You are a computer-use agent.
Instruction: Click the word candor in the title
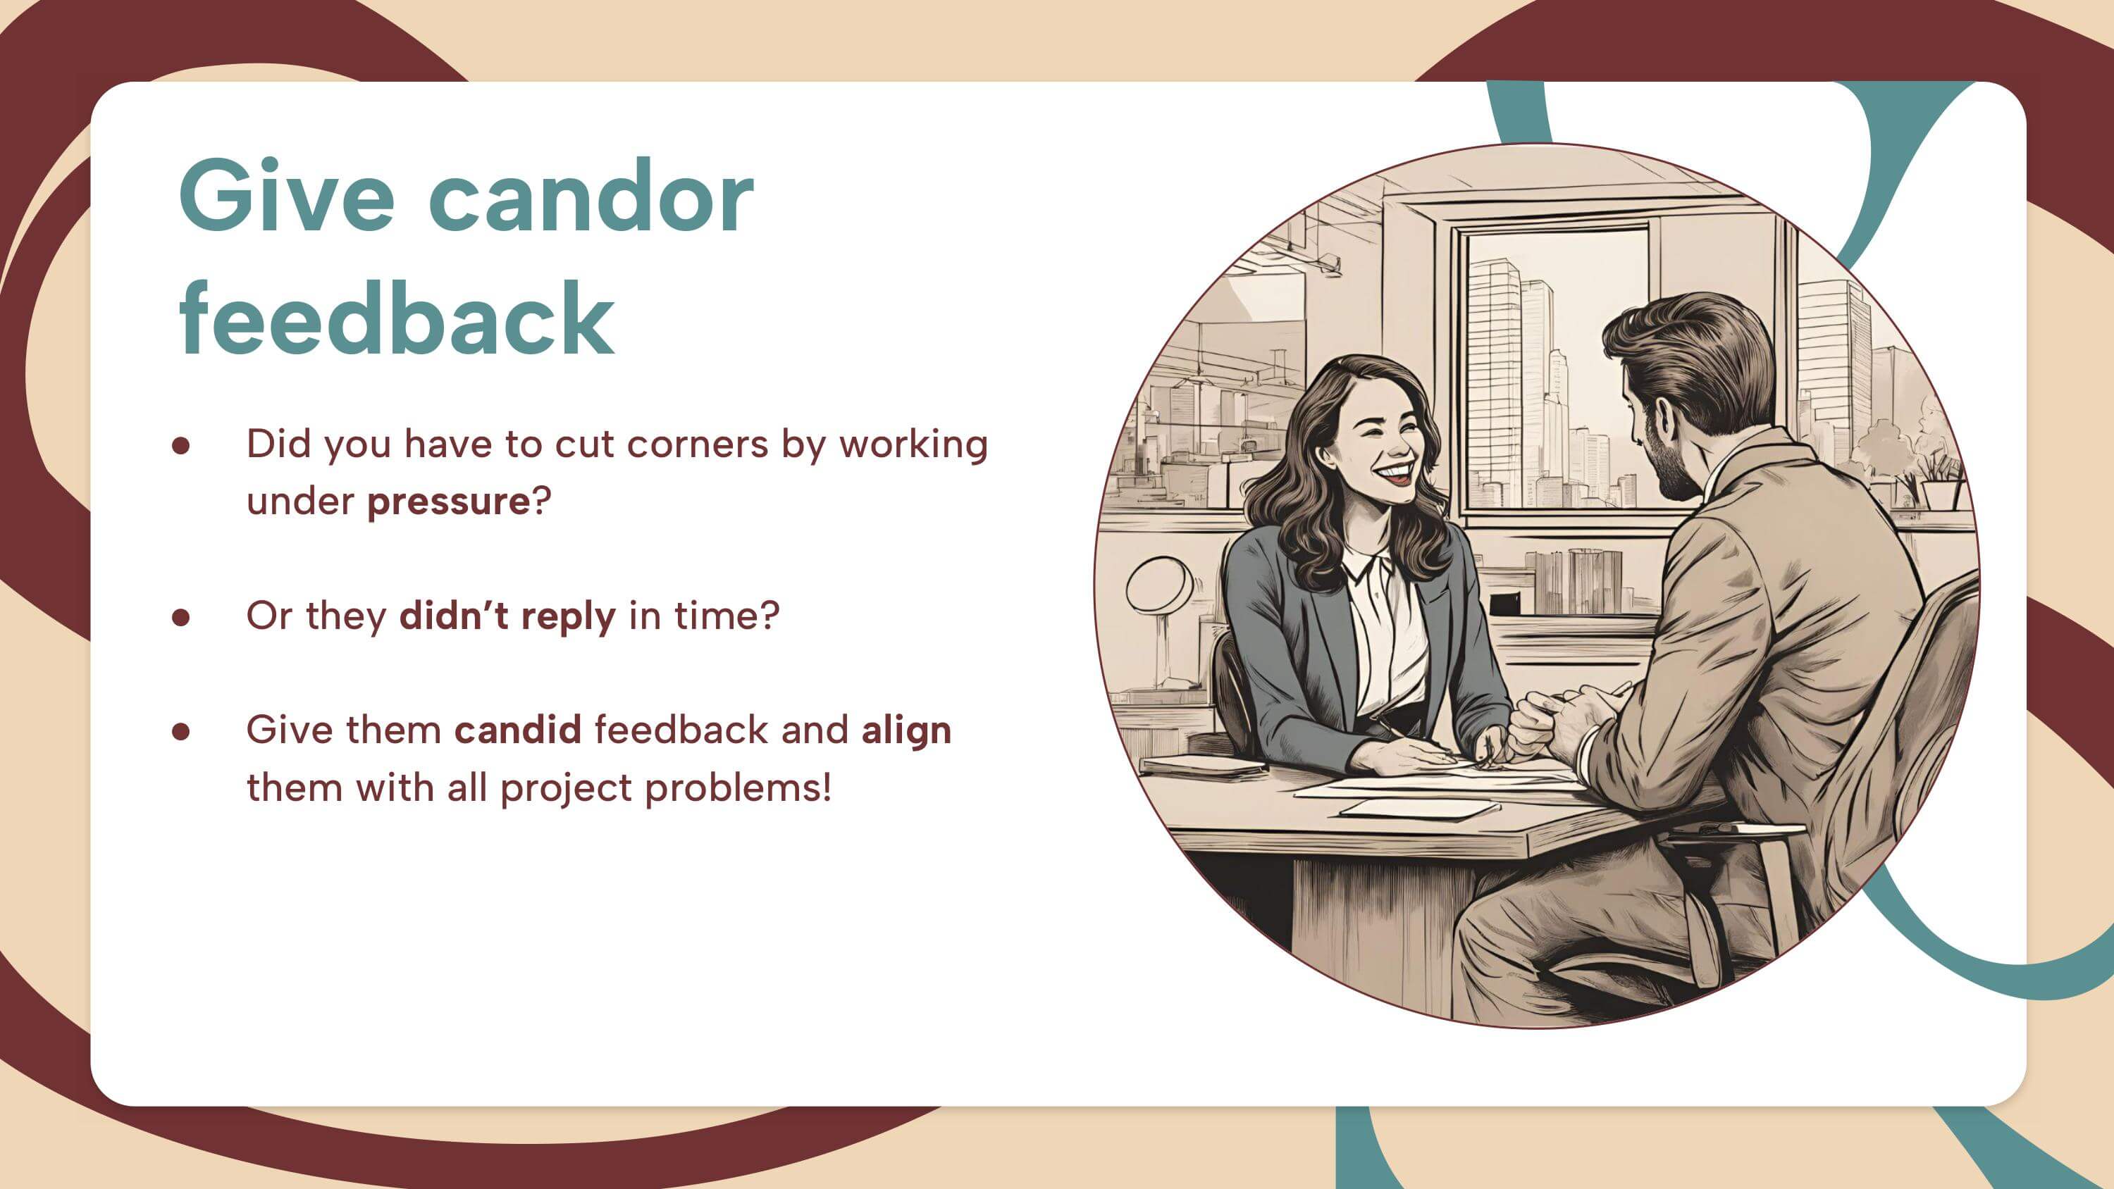point(591,196)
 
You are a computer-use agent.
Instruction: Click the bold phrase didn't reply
point(507,616)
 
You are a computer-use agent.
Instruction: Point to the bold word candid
point(518,730)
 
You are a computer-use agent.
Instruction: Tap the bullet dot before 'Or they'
point(181,617)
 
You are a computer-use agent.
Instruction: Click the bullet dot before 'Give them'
point(181,731)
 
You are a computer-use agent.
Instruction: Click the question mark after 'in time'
point(769,616)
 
